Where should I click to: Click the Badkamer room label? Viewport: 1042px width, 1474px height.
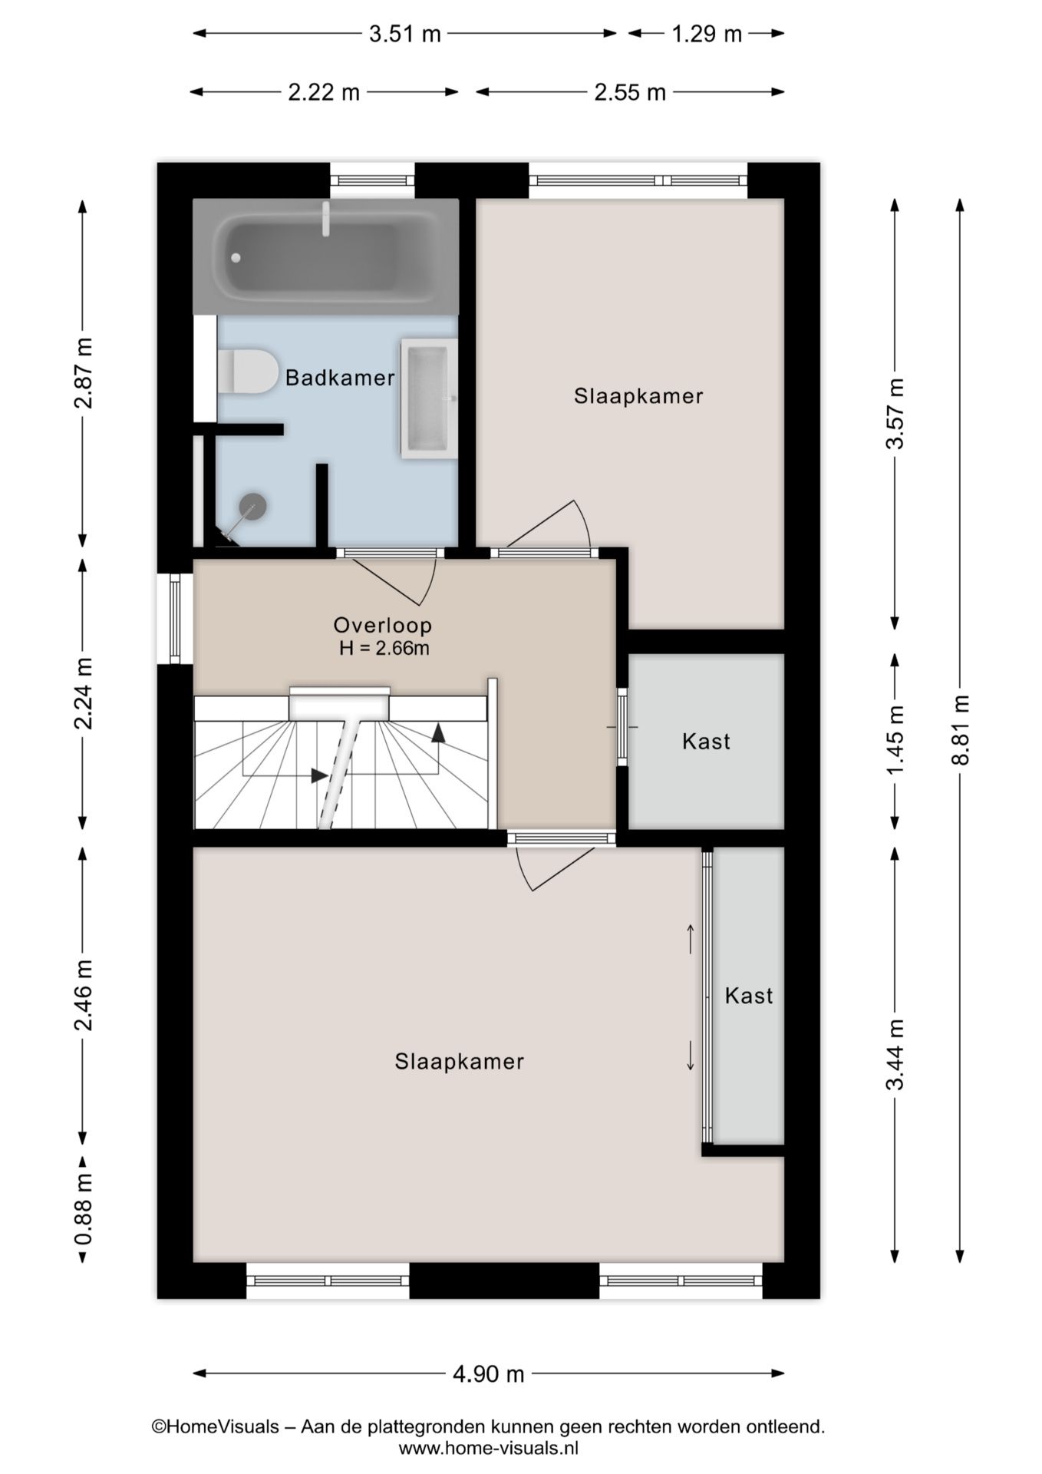340,378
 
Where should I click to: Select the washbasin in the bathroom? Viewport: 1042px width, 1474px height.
427,398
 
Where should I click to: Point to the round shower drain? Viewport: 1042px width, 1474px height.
252,506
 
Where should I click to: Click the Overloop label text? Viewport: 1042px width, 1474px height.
382,625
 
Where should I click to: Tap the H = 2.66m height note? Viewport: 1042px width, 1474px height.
384,648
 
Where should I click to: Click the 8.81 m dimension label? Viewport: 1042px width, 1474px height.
961,729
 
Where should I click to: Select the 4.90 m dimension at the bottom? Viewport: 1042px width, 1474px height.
488,1373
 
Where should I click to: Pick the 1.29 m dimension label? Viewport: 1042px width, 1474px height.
707,34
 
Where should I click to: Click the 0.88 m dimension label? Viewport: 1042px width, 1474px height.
84,1209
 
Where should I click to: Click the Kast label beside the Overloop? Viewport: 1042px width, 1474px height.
706,742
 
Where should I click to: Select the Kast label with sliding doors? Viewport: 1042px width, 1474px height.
749,996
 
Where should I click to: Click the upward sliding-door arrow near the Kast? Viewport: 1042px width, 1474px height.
691,938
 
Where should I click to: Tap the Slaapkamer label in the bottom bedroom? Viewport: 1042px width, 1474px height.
459,1062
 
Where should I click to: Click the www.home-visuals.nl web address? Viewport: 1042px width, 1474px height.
488,1449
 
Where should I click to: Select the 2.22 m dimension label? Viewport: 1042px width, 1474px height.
323,93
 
